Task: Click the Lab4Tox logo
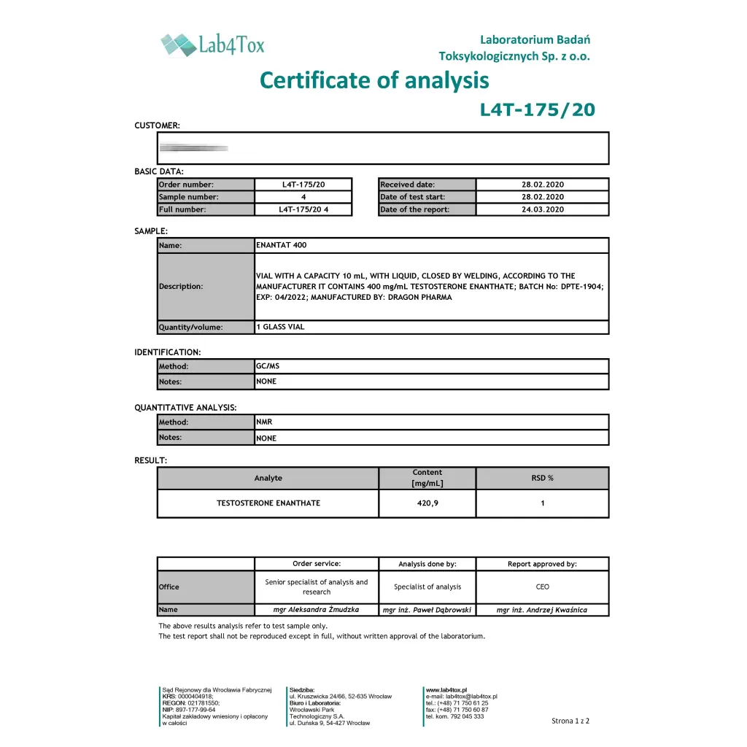(212, 44)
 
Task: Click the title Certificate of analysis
(374, 80)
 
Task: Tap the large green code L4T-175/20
(537, 110)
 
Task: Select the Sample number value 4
(303, 197)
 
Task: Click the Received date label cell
(427, 185)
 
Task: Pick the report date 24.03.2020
(542, 210)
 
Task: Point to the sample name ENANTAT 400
(282, 245)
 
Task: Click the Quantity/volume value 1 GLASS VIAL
(280, 327)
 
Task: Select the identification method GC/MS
(268, 366)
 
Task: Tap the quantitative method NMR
(264, 422)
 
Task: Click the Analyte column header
(268, 478)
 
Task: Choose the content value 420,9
(427, 503)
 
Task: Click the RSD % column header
(542, 478)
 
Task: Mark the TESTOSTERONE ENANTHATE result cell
(268, 503)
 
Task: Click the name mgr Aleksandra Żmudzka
(317, 610)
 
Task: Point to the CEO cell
(542, 587)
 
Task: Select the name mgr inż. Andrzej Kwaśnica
(542, 610)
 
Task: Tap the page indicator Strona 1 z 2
(570, 721)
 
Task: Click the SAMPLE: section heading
(151, 231)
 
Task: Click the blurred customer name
(193, 148)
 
